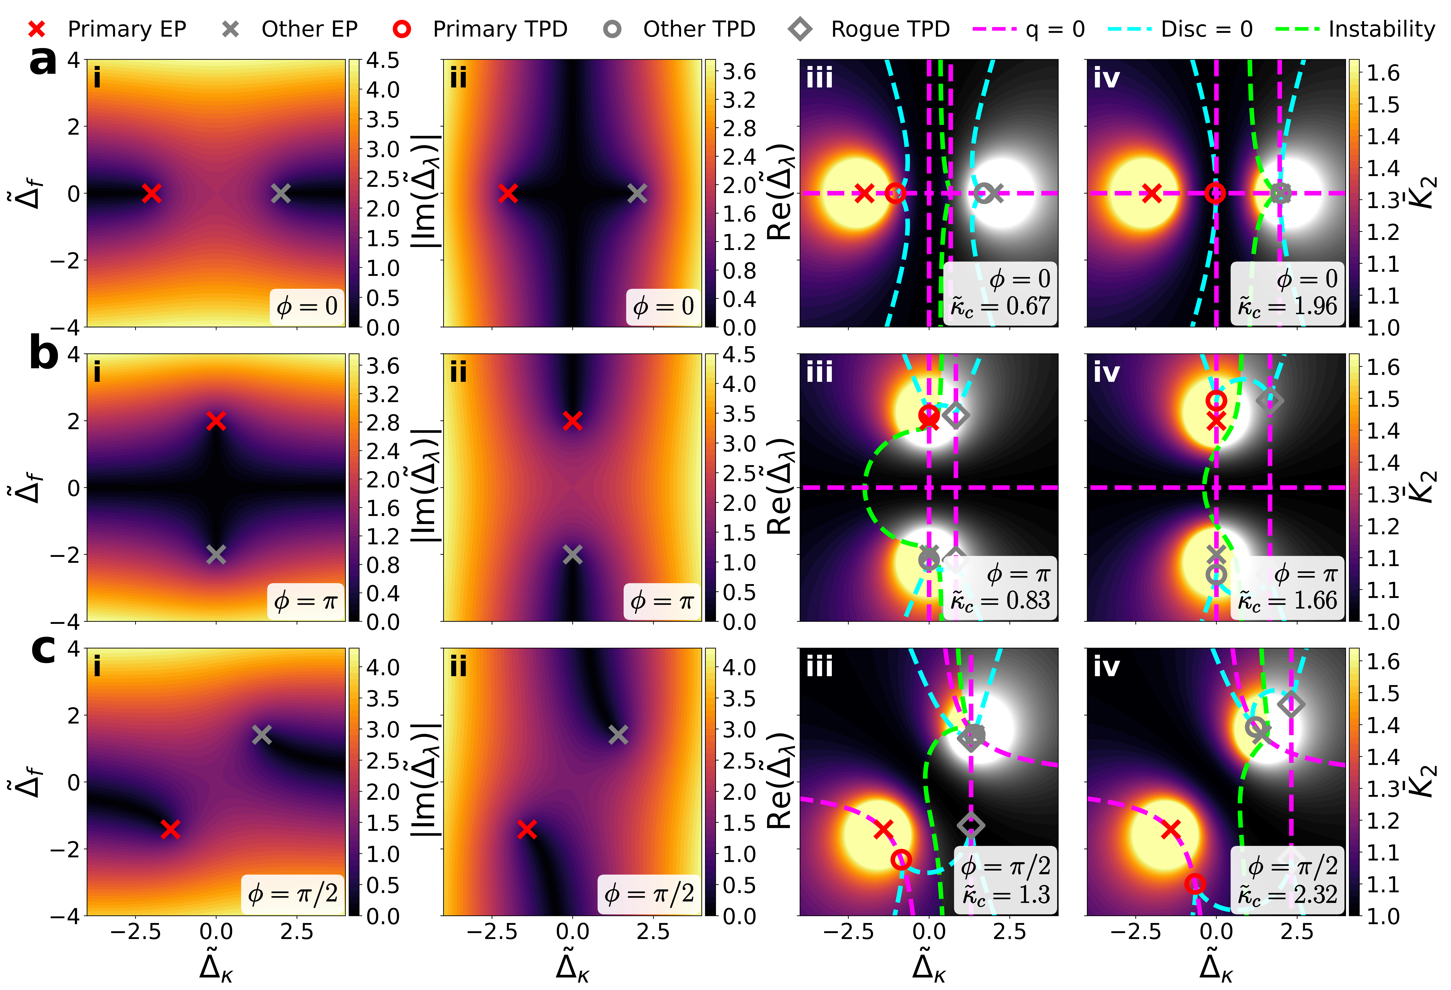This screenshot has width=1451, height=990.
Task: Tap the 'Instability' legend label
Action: point(1381,29)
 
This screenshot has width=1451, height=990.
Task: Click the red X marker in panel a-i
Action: point(151,194)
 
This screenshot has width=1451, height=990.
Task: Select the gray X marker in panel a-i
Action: point(281,194)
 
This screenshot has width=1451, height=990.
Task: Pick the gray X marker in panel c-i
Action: point(262,735)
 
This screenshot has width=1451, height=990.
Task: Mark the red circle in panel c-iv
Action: point(1194,883)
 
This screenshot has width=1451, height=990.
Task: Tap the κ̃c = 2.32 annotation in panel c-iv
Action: point(1287,895)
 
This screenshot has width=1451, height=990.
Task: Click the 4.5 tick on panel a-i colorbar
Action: point(382,61)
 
